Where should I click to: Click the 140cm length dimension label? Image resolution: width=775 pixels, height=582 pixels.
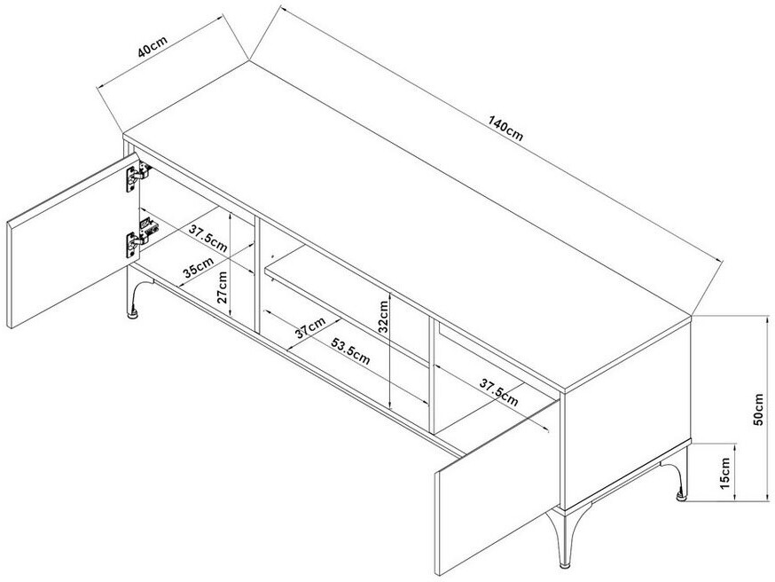[505, 128]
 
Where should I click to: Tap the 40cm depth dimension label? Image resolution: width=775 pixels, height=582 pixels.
[153, 46]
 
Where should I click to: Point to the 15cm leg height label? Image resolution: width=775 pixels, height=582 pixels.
[724, 473]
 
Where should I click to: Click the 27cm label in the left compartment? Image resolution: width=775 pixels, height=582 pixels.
[222, 287]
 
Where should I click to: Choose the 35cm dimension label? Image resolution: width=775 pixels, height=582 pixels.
[199, 267]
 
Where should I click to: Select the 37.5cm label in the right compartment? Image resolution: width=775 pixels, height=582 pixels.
[499, 392]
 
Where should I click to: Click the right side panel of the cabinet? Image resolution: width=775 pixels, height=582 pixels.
[627, 413]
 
